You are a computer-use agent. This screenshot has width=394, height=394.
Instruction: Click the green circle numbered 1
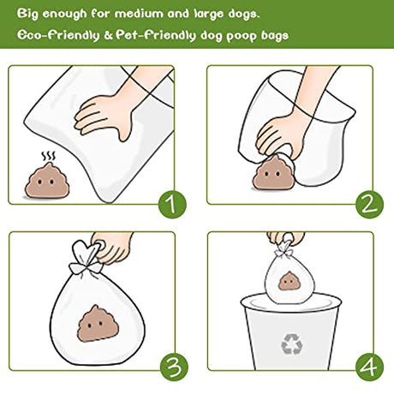click(x=172, y=205)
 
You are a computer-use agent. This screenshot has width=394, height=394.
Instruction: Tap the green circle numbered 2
click(x=369, y=205)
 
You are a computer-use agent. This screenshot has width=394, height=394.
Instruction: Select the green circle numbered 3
click(x=174, y=367)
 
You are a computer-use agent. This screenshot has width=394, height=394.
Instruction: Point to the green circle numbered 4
click(x=370, y=367)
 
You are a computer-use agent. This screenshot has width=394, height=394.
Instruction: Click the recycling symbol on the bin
click(x=291, y=344)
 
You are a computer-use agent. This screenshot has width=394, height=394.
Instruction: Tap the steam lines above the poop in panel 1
click(x=49, y=157)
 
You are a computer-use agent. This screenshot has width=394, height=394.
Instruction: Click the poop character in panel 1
click(x=47, y=181)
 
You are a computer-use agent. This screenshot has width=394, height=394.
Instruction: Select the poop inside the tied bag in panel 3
click(x=98, y=324)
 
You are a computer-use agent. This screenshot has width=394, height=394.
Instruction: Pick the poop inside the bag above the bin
click(x=289, y=281)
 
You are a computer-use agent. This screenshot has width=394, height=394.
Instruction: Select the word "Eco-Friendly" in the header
click(x=58, y=35)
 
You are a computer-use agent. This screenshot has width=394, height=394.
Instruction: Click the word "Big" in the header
click(x=27, y=14)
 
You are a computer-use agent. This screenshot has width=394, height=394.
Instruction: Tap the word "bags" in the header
click(x=275, y=36)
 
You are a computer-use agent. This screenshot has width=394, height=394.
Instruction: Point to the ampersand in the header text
click(x=108, y=36)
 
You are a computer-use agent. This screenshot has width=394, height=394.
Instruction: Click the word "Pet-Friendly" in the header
click(x=156, y=35)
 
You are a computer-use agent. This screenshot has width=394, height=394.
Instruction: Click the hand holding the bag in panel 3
click(x=113, y=247)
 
